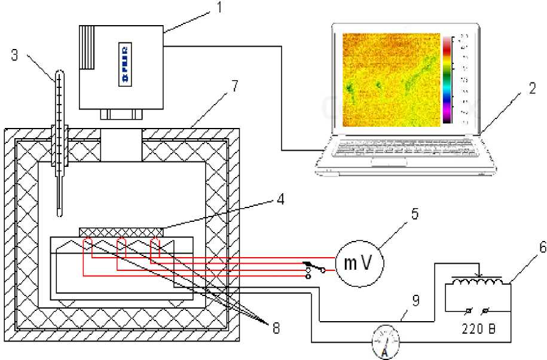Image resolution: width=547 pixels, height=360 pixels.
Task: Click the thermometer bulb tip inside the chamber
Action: [x=59, y=210]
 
